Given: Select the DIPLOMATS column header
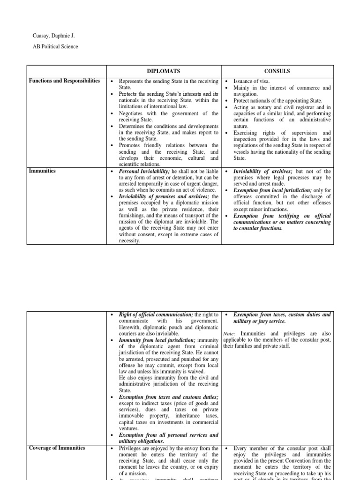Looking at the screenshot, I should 164,71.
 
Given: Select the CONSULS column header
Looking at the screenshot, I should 277,71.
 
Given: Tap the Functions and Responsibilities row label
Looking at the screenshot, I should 64,81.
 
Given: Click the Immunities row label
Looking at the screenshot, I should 42,171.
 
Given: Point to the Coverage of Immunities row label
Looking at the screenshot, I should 57,448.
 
